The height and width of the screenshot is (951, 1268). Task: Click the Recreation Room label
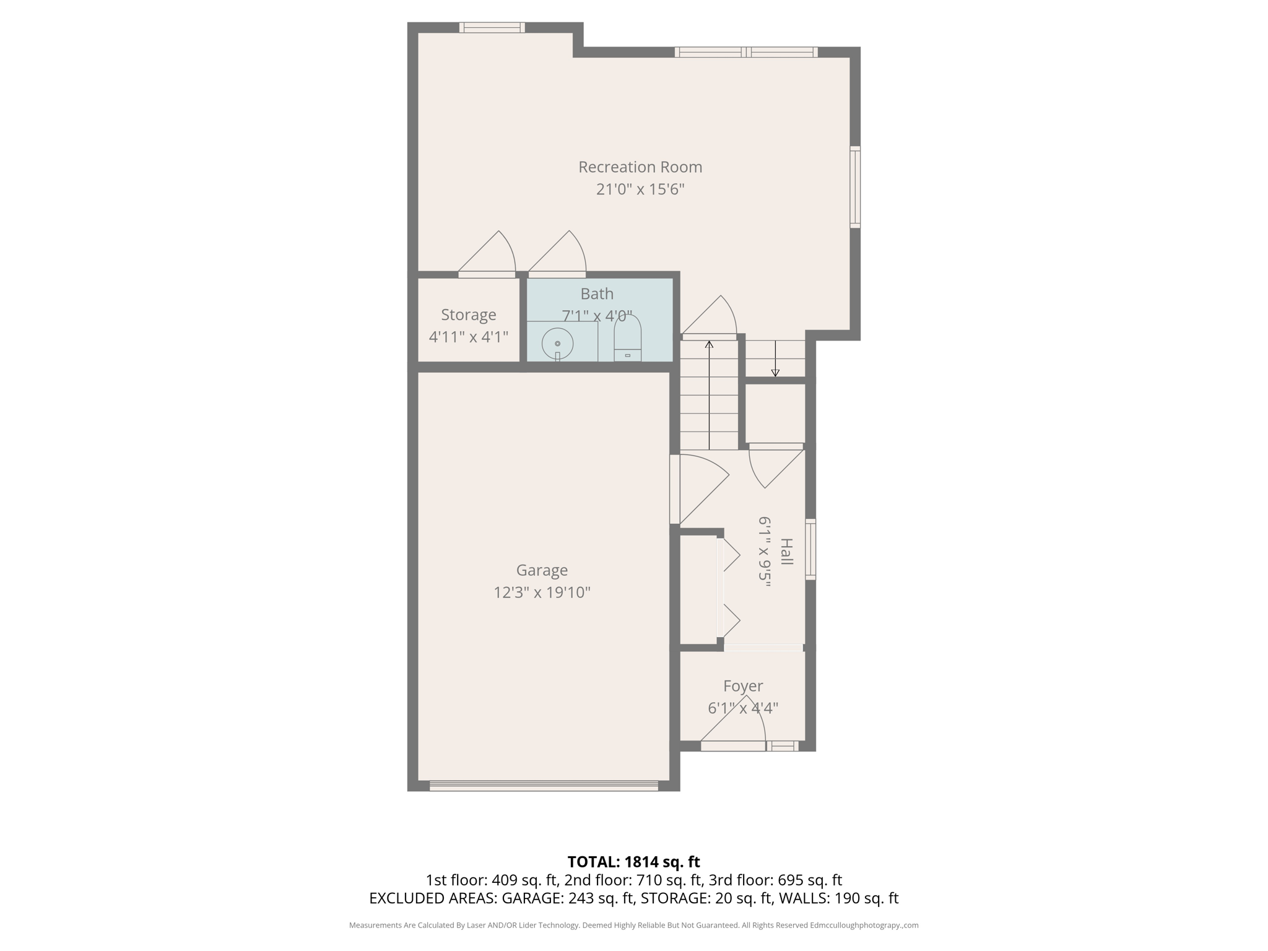[640, 167]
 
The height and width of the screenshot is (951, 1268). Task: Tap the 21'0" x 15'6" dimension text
[640, 189]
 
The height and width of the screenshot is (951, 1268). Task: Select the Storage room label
[468, 315]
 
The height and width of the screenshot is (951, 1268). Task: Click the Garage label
[542, 570]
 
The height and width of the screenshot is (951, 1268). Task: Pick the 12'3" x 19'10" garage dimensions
[542, 593]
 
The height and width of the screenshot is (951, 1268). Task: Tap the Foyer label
[743, 686]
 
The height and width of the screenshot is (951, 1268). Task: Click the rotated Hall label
[786, 552]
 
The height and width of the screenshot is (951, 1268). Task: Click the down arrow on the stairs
[775, 359]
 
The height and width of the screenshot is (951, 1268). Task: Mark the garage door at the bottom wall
[543, 786]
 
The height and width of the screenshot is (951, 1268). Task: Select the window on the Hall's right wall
[810, 549]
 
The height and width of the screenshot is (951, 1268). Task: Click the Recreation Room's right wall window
[854, 187]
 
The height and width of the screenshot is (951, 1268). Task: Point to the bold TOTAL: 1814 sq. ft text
[633, 862]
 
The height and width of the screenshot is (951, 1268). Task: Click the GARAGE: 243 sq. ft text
[568, 898]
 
